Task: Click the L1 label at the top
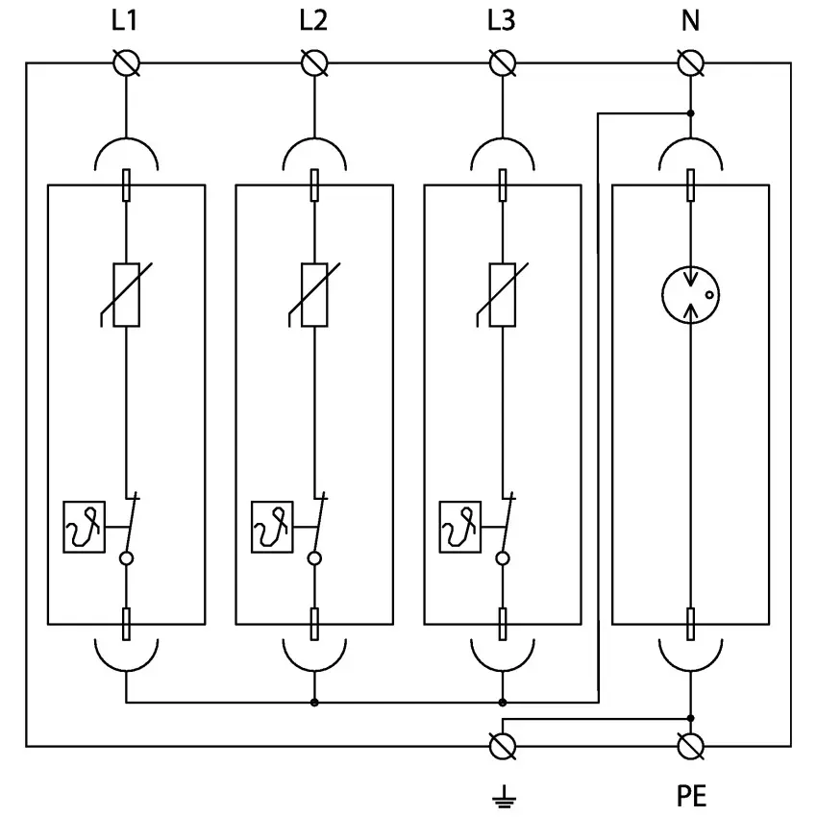pos(125,20)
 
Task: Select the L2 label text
pos(313,20)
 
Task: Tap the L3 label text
pos(502,20)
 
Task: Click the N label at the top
pos(690,20)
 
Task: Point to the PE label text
pos(690,796)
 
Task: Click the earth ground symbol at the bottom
pos(502,795)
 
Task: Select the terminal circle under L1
pos(126,63)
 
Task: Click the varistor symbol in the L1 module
pos(126,294)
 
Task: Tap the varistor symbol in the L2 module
pos(314,294)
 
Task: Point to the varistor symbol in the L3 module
pos(503,294)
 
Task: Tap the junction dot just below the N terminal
pos(691,113)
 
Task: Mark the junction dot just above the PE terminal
pos(691,717)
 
